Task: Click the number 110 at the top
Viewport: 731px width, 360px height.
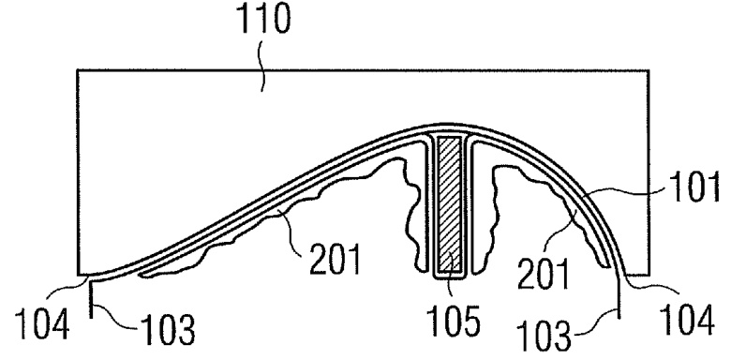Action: pyautogui.click(x=264, y=19)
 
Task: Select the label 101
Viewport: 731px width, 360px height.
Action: pyautogui.click(x=694, y=187)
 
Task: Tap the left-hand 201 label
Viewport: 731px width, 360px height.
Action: pyautogui.click(x=336, y=260)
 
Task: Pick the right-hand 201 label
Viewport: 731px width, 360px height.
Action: pyautogui.click(x=544, y=275)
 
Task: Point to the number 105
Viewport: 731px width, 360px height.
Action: pyautogui.click(x=455, y=322)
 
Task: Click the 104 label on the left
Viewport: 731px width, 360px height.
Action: pyautogui.click(x=42, y=323)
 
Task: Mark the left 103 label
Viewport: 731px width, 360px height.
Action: pyautogui.click(x=168, y=329)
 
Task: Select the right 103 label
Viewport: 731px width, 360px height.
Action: pyautogui.click(x=545, y=334)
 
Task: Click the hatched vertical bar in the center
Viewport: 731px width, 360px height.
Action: pyautogui.click(x=450, y=205)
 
